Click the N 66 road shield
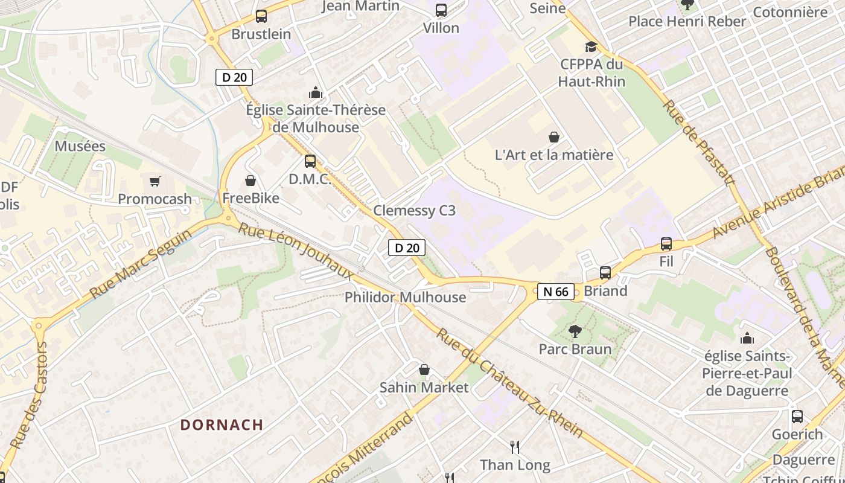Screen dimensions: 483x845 [556, 292]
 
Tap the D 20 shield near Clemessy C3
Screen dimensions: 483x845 [406, 248]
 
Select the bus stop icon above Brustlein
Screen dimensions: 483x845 [261, 16]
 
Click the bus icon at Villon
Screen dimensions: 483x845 [441, 10]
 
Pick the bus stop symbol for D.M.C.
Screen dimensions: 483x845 [310, 161]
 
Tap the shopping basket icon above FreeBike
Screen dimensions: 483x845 [250, 181]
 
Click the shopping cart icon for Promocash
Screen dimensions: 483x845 [155, 181]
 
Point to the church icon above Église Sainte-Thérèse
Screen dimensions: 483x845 [315, 92]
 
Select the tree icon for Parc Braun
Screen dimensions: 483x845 [575, 331]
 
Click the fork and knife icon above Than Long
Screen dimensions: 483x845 [515, 447]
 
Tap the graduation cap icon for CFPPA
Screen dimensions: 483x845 [591, 46]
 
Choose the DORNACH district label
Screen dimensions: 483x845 [222, 424]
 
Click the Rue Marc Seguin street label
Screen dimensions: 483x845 [140, 263]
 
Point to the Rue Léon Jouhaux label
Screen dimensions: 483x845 [296, 251]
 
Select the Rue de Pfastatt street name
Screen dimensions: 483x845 [699, 142]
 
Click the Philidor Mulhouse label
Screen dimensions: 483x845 [405, 297]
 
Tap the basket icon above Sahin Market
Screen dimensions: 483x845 [424, 369]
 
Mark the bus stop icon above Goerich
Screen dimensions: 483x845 [797, 416]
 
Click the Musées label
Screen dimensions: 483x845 [80, 146]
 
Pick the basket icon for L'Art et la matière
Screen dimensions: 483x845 [553, 137]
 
